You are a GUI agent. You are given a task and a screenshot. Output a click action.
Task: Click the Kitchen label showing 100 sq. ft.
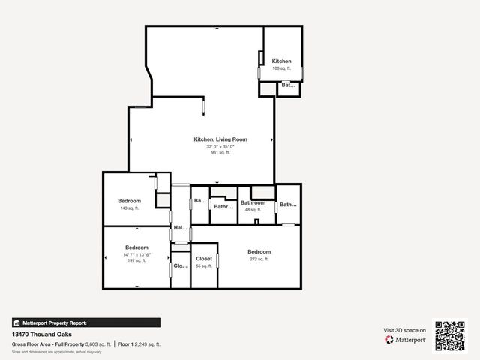281,61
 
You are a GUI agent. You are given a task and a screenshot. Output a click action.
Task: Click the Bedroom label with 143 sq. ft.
129,201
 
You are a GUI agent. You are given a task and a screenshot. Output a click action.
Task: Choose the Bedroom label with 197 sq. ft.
136,247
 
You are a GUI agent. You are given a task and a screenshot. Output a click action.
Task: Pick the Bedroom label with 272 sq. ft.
259,252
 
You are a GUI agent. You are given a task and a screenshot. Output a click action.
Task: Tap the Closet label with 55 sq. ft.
204,259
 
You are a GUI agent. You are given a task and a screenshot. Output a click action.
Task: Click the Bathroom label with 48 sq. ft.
253,203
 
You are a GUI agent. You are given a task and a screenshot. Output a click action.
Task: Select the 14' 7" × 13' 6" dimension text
136,254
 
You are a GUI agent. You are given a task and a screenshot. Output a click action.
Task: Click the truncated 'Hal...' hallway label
180,228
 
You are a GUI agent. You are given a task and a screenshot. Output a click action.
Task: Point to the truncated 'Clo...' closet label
180,265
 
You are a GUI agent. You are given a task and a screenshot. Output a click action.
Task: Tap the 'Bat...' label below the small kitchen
288,85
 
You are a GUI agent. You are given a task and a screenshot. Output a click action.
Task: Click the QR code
451,335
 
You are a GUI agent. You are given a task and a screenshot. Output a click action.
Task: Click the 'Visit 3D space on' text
405,330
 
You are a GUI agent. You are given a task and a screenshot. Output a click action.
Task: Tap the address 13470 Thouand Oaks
43,334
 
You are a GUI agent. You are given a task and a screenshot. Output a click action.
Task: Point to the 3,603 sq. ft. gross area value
98,343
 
